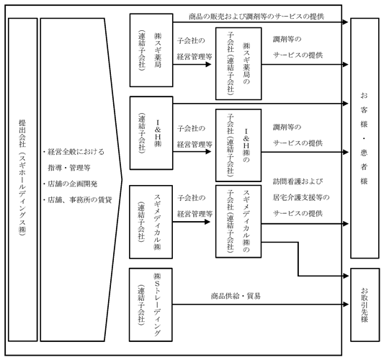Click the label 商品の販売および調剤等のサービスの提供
(256, 17)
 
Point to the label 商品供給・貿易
(236, 296)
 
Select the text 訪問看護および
(298, 181)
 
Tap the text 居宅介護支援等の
(301, 197)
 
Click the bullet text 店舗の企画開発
(71, 184)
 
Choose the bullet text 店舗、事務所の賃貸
(77, 200)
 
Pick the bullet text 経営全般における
(73, 152)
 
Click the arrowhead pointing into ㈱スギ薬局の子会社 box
(208, 64)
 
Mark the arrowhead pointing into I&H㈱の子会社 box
(208, 152)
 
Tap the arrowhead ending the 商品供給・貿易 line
(346, 305)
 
